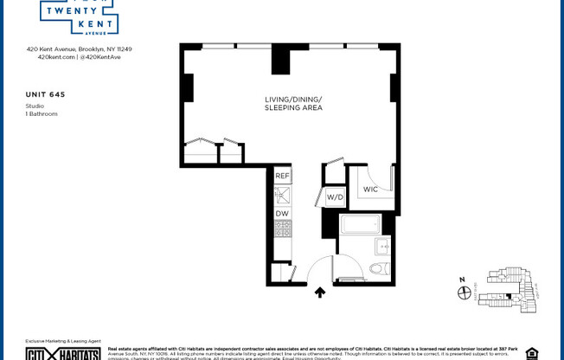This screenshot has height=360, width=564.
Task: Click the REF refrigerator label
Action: (282, 176)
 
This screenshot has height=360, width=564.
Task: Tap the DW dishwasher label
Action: (282, 213)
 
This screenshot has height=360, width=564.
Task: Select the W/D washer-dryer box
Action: (334, 196)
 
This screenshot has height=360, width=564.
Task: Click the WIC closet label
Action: (370, 189)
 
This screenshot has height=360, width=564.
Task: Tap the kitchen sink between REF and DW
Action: (282, 195)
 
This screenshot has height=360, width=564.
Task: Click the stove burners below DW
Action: (282, 230)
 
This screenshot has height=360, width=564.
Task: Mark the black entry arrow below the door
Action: (319, 293)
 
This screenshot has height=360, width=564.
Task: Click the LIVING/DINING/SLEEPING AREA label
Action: (293, 104)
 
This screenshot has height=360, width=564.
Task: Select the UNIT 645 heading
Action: (46, 93)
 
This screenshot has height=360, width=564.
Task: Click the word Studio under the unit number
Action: (35, 106)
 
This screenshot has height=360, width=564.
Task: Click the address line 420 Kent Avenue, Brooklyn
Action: (79, 49)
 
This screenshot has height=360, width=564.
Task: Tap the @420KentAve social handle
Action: (102, 57)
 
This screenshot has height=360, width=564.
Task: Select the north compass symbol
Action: (465, 292)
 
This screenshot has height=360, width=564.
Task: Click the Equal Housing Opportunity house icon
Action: (531, 353)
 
